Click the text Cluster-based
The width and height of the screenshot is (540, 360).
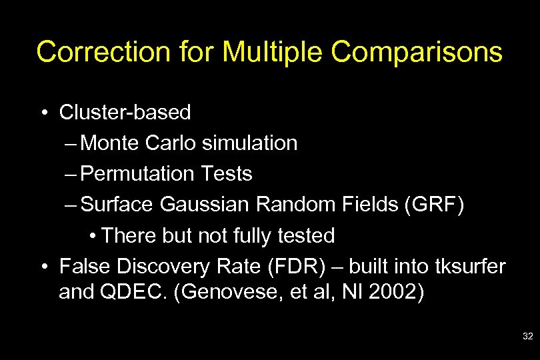point(125,113)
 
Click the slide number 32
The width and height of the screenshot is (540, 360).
point(527,337)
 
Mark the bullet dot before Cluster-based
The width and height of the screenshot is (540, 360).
point(43,113)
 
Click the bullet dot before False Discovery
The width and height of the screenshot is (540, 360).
point(43,267)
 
